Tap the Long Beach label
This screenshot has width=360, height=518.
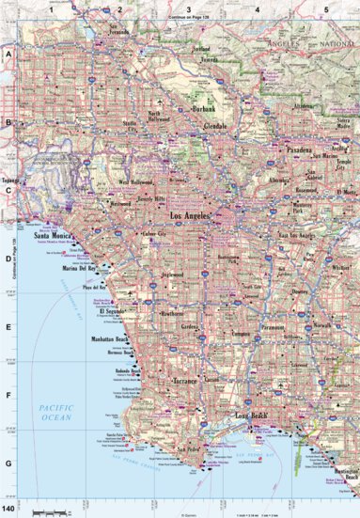[253, 415]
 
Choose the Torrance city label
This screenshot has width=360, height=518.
[183, 384]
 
